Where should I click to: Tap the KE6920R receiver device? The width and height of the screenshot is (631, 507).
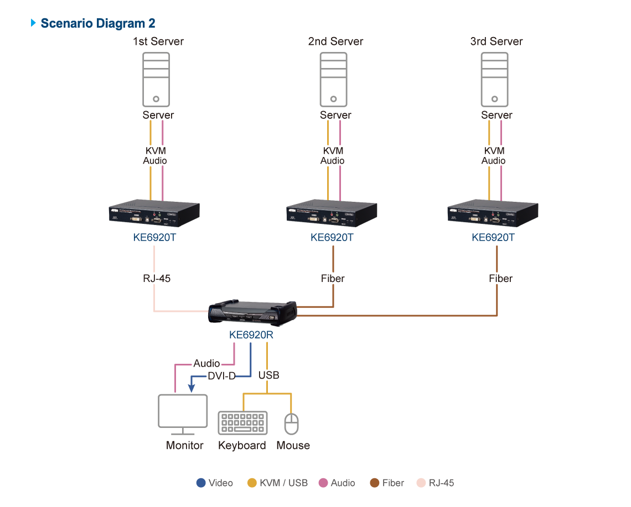252,313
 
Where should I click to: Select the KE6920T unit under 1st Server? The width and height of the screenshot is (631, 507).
154,215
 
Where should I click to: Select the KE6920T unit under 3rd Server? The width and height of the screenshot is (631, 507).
493,215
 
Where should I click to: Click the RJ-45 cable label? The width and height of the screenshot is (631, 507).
157,278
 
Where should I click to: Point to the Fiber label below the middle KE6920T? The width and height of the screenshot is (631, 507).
333,278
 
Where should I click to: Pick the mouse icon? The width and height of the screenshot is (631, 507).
291,424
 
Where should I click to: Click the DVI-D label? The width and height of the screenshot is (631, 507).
221,376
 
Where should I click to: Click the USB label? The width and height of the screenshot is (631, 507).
268,375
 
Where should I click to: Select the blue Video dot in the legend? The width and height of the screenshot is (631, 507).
201,483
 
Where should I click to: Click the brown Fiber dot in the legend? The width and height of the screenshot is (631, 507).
375,483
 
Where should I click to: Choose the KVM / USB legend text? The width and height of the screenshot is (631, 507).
283,483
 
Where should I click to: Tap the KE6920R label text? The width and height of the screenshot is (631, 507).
252,335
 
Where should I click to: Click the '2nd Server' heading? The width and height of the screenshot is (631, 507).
335,41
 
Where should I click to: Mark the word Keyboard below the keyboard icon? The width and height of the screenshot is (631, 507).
242,445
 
